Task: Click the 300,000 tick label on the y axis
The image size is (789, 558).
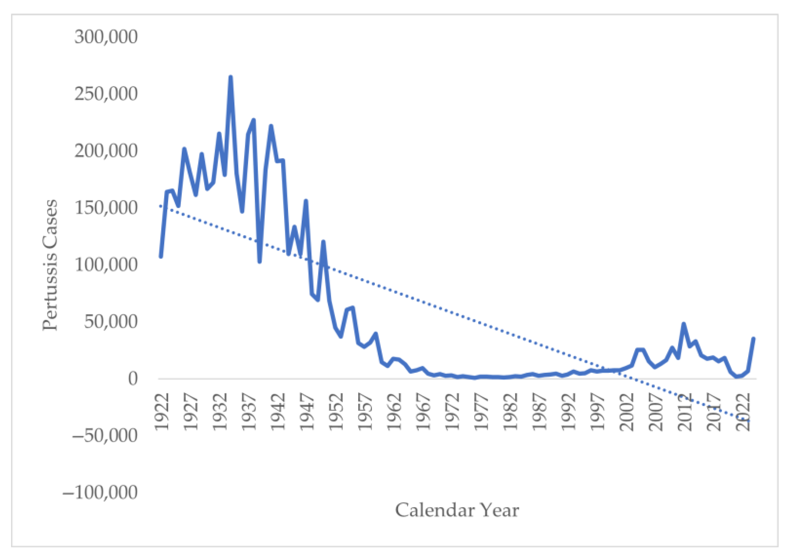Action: pyautogui.click(x=106, y=36)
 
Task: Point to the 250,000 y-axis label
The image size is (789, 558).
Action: pyautogui.click(x=106, y=94)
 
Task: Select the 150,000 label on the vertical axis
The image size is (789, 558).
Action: pyautogui.click(x=106, y=208)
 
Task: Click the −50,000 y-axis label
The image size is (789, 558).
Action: pyautogui.click(x=105, y=435)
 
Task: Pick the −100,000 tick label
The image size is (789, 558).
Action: pyautogui.click(x=100, y=492)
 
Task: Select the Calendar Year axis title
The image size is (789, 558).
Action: pyautogui.click(x=457, y=510)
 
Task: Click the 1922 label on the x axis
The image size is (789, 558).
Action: pyautogui.click(x=162, y=412)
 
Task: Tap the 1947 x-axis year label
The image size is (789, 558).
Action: pyautogui.click(x=307, y=412)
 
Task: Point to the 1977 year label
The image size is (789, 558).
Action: pyautogui.click(x=481, y=412)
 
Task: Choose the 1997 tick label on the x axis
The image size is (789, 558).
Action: pyautogui.click(x=597, y=412)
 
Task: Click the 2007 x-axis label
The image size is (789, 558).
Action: pyautogui.click(x=655, y=412)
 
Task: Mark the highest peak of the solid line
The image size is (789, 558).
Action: pyautogui.click(x=230, y=77)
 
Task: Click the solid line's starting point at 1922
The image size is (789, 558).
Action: pyautogui.click(x=160, y=257)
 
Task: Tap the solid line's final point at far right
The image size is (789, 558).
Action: pyautogui.click(x=753, y=338)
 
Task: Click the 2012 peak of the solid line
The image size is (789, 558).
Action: pyautogui.click(x=684, y=323)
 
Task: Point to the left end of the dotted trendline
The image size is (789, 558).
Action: pyautogui.click(x=160, y=206)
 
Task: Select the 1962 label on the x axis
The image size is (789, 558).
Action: pyautogui.click(x=394, y=412)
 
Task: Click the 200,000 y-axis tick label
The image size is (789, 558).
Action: pyautogui.click(x=106, y=151)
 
